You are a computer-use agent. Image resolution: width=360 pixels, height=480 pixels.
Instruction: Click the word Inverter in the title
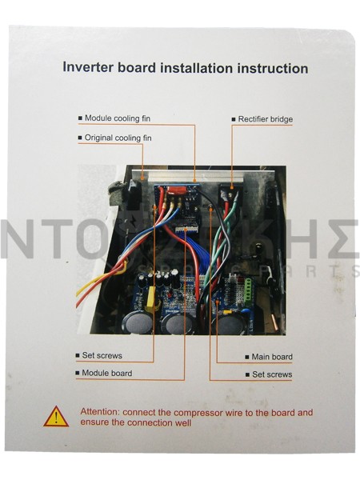[88, 67]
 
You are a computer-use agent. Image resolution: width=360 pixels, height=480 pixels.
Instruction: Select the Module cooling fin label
[118, 118]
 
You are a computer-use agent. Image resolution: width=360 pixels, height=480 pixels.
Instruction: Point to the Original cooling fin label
[118, 138]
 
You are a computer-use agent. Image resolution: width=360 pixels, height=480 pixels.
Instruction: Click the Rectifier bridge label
[266, 119]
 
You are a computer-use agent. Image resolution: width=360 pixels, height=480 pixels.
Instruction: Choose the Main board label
[272, 357]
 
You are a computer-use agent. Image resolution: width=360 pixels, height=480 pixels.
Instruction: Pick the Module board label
[107, 373]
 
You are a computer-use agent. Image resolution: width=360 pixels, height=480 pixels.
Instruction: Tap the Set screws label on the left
[102, 355]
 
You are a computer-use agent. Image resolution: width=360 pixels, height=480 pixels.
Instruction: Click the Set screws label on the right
[272, 374]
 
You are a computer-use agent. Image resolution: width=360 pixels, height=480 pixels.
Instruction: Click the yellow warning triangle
[56, 417]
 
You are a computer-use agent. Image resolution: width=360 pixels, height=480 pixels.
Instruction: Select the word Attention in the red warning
[100, 412]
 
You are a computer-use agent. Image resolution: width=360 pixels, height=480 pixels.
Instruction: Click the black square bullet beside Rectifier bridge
[234, 119]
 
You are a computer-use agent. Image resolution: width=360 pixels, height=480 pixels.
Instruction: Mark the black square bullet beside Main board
[247, 357]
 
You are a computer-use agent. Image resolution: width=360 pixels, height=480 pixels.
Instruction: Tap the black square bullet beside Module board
[78, 373]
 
